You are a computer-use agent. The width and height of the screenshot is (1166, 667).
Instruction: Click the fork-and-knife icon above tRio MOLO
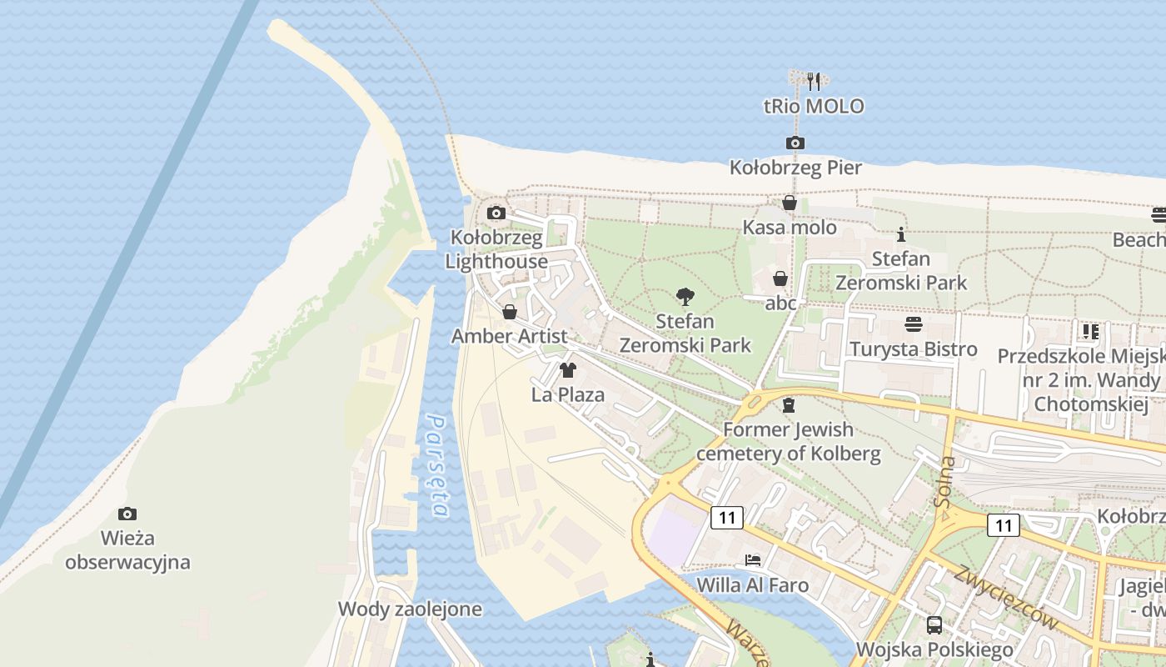pos(814,82)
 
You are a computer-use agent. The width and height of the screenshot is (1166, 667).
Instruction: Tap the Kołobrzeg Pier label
pos(795,168)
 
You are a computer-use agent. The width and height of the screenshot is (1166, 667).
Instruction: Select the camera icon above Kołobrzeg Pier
pos(795,143)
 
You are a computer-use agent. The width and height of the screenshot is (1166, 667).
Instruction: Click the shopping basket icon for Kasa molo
pos(790,203)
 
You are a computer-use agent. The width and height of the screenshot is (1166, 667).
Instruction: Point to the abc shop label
pos(781,303)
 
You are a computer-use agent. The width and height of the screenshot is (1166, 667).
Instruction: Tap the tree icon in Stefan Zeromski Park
pos(685,296)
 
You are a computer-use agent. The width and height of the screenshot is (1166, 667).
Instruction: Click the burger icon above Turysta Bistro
pos(914,324)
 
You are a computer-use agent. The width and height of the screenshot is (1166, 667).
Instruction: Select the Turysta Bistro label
pos(914,349)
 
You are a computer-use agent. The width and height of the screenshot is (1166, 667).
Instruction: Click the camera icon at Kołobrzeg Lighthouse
pos(496,213)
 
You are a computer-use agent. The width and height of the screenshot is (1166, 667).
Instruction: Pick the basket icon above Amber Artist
pos(510,312)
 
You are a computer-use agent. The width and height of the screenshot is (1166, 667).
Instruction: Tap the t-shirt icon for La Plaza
pos(568,369)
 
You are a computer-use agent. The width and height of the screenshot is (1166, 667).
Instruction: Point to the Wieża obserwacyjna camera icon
pos(127,514)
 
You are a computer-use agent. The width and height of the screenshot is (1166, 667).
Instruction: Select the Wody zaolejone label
pos(410,609)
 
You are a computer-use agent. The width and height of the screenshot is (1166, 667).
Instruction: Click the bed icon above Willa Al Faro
pos(753,559)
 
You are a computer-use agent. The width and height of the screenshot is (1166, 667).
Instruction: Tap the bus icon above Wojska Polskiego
pos(934,624)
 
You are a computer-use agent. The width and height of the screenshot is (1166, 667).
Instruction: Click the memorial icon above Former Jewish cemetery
pos(789,405)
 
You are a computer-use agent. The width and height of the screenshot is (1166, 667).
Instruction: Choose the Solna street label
pos(946,482)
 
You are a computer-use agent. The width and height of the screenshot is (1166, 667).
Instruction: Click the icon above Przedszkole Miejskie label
pos(1090,332)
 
